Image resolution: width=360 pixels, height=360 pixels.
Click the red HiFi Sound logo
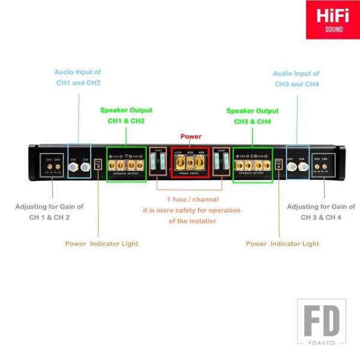click(x=333, y=20)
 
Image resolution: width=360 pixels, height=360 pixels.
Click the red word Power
click(x=191, y=137)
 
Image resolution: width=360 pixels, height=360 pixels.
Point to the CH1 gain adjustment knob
click(x=49, y=167)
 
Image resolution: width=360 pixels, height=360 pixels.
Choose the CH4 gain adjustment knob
click(x=325, y=167)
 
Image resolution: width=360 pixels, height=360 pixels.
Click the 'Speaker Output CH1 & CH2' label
click(x=126, y=115)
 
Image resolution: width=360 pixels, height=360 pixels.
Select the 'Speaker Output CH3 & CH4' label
click(x=253, y=116)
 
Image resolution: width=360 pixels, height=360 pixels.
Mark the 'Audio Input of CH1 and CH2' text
click(x=78, y=77)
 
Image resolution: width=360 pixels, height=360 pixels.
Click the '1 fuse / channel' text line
click(x=191, y=199)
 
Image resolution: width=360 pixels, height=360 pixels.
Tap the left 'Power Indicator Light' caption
click(x=101, y=244)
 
